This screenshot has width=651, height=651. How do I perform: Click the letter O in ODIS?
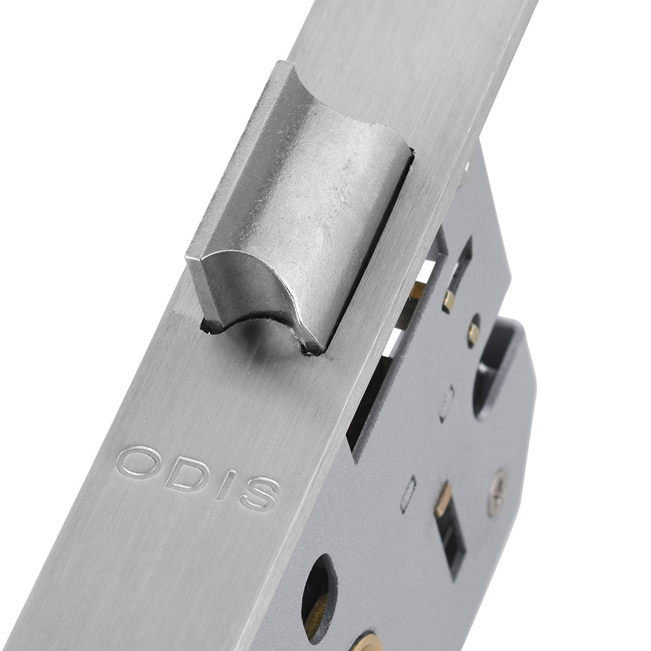[138, 462]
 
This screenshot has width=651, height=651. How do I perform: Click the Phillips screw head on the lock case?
[497, 493]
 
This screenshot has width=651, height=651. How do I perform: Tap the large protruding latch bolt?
[298, 208]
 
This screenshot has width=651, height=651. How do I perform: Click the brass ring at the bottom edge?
[365, 641]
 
